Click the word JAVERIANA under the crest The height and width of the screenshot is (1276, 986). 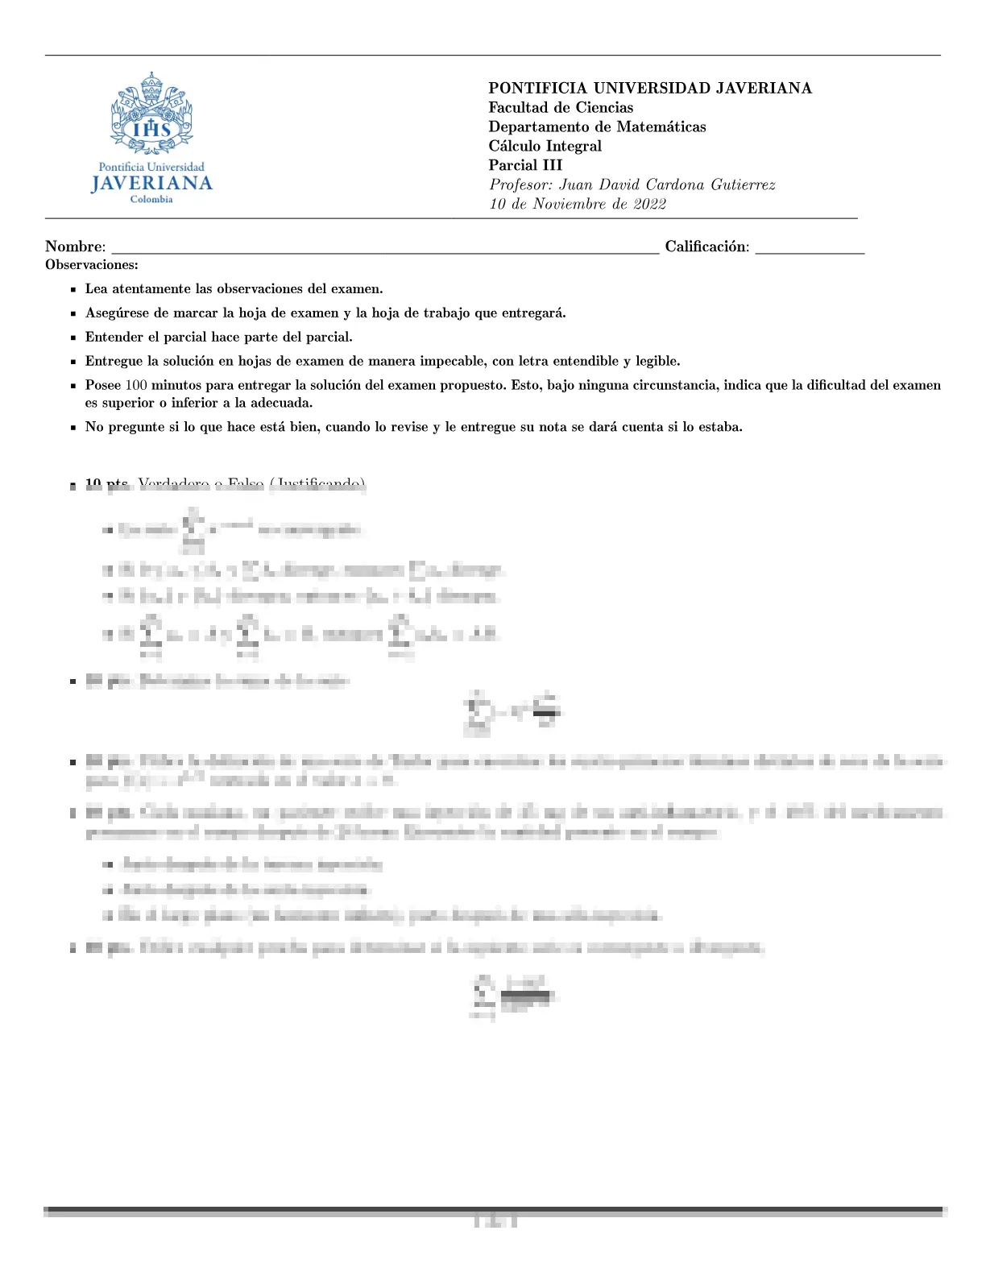pos(151,184)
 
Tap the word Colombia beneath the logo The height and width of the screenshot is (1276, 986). pos(151,200)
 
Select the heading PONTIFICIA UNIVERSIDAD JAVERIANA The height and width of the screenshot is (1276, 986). pos(650,89)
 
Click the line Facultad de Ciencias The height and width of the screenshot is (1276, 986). pos(561,108)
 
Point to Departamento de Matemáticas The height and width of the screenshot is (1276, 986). pos(597,127)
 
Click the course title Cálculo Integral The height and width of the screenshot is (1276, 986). pos(545,147)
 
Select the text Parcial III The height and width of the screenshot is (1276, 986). pos(525,166)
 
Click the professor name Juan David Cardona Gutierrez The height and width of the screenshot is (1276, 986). pos(667,185)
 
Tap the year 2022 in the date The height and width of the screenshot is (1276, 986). pos(649,205)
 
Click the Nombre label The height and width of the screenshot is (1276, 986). pos(74,247)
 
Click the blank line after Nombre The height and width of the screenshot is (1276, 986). pos(385,251)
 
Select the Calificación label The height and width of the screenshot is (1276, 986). pos(706,247)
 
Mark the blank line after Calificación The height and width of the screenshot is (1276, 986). pos(810,251)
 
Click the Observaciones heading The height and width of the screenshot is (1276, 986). pos(92,265)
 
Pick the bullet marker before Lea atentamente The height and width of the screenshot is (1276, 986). pos(73,290)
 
